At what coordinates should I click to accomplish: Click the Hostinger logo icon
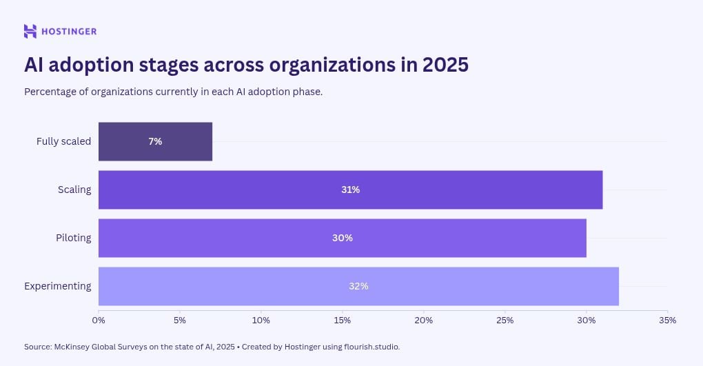pos(30,31)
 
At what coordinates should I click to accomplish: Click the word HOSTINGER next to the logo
pos(69,31)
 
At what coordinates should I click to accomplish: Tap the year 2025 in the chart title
pos(445,64)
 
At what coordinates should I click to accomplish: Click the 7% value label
pos(155,141)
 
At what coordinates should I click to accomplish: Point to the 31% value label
pos(350,190)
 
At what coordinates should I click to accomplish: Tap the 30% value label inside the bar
pos(342,238)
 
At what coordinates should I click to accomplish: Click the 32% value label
pos(358,286)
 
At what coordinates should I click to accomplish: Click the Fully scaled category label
pos(63,141)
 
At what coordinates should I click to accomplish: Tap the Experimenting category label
pos(57,286)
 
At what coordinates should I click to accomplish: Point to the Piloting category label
pos(73,238)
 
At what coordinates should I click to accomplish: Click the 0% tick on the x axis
pos(99,320)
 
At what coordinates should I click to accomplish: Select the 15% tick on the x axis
pos(343,320)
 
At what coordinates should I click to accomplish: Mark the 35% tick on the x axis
pos(667,320)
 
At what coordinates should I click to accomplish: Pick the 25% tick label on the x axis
pos(505,320)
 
